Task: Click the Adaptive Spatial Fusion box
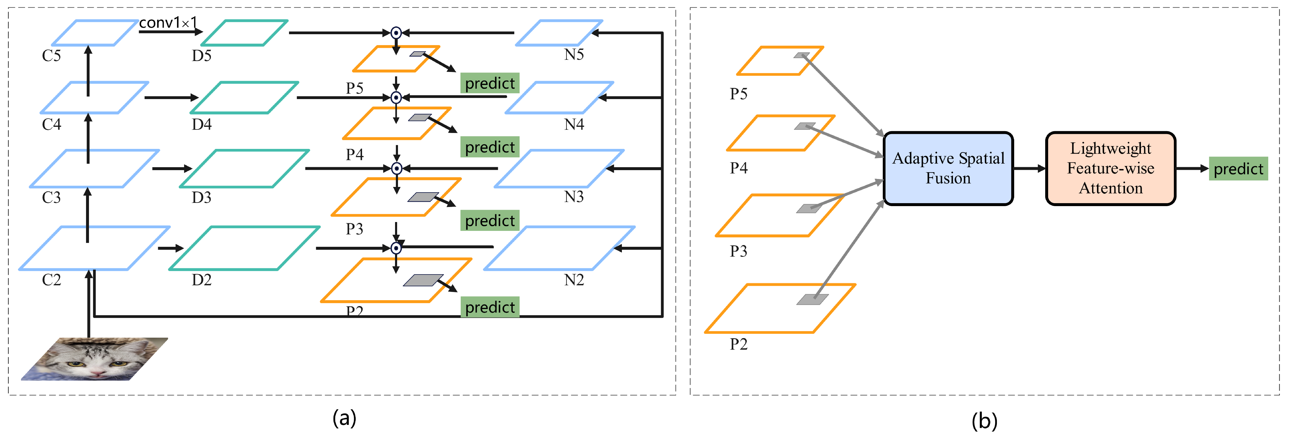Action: click(x=948, y=168)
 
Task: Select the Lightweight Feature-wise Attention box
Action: click(x=1110, y=168)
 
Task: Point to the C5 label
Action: click(x=51, y=56)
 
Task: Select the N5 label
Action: click(x=574, y=55)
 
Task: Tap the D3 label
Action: click(x=201, y=198)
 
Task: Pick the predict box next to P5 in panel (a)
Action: click(x=489, y=83)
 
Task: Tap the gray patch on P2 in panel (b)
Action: click(x=812, y=299)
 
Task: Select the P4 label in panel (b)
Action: click(x=738, y=168)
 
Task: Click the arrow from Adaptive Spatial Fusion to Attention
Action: click(x=1029, y=168)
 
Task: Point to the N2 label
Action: click(x=574, y=280)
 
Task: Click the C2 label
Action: click(x=51, y=280)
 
